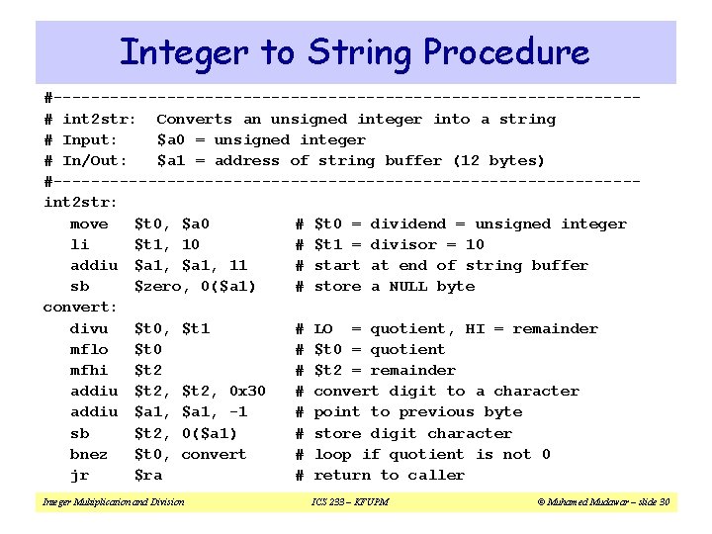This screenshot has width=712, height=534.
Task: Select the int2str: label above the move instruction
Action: point(80,203)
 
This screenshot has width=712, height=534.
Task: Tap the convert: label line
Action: point(80,307)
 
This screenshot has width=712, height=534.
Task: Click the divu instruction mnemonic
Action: point(89,328)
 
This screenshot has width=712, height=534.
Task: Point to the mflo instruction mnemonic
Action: point(89,349)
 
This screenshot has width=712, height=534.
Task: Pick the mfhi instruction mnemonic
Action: point(89,370)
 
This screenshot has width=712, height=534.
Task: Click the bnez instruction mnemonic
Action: point(89,454)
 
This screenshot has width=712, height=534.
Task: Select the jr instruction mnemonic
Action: point(80,475)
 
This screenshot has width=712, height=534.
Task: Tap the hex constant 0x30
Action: point(246,391)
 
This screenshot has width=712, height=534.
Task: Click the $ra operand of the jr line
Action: point(147,475)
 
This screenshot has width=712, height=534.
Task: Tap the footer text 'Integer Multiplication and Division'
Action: point(113,503)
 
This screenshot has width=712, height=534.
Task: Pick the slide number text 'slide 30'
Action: point(651,503)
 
